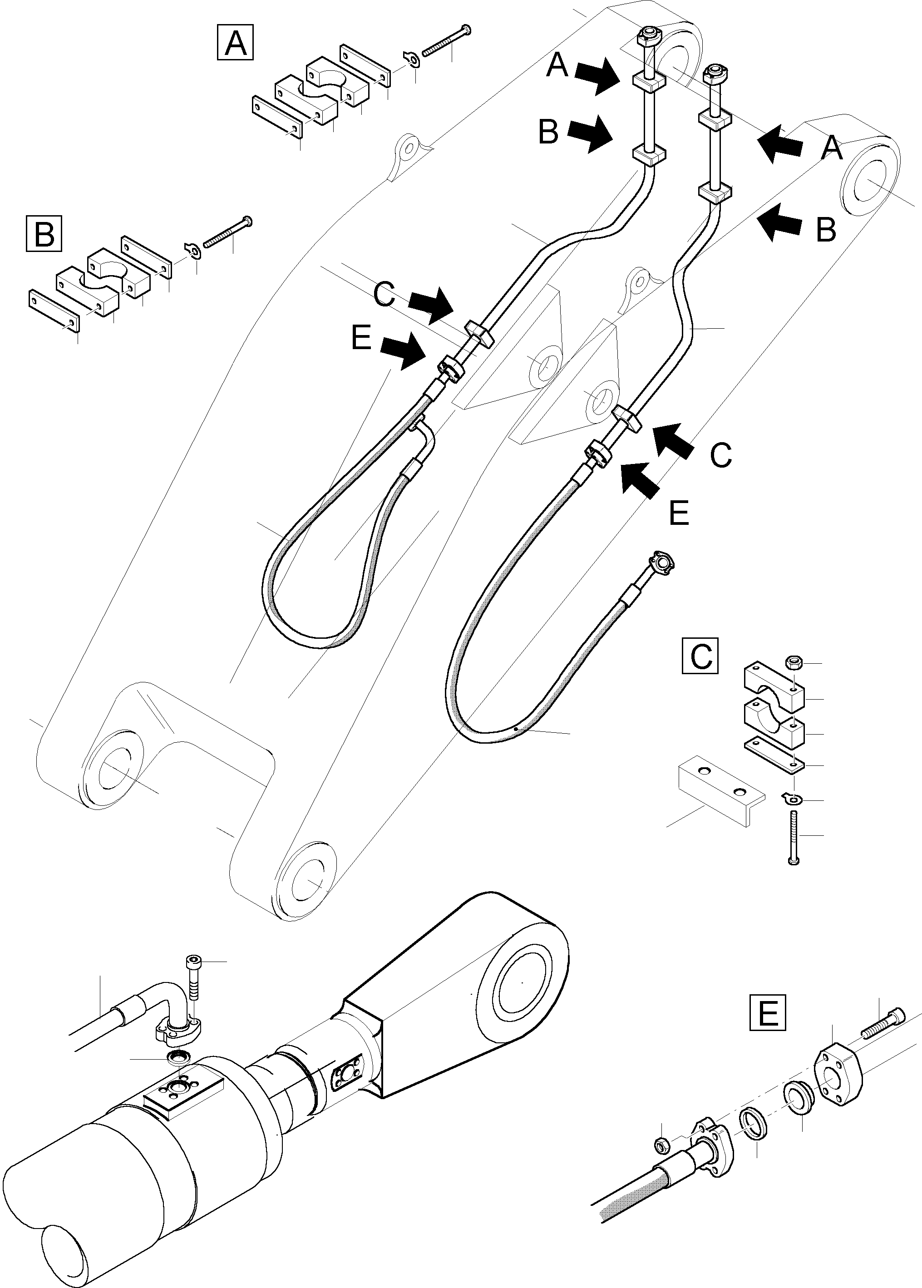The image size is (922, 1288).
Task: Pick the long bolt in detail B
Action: click(227, 232)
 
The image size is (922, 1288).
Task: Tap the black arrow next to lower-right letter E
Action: click(640, 479)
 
